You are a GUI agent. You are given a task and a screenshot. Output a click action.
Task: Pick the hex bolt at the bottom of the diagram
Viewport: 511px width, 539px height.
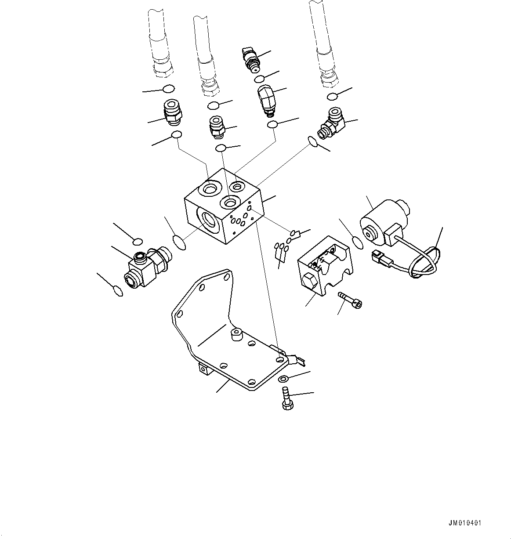point(286,398)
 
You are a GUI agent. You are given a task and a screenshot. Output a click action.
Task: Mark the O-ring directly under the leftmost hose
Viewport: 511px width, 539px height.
point(168,89)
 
